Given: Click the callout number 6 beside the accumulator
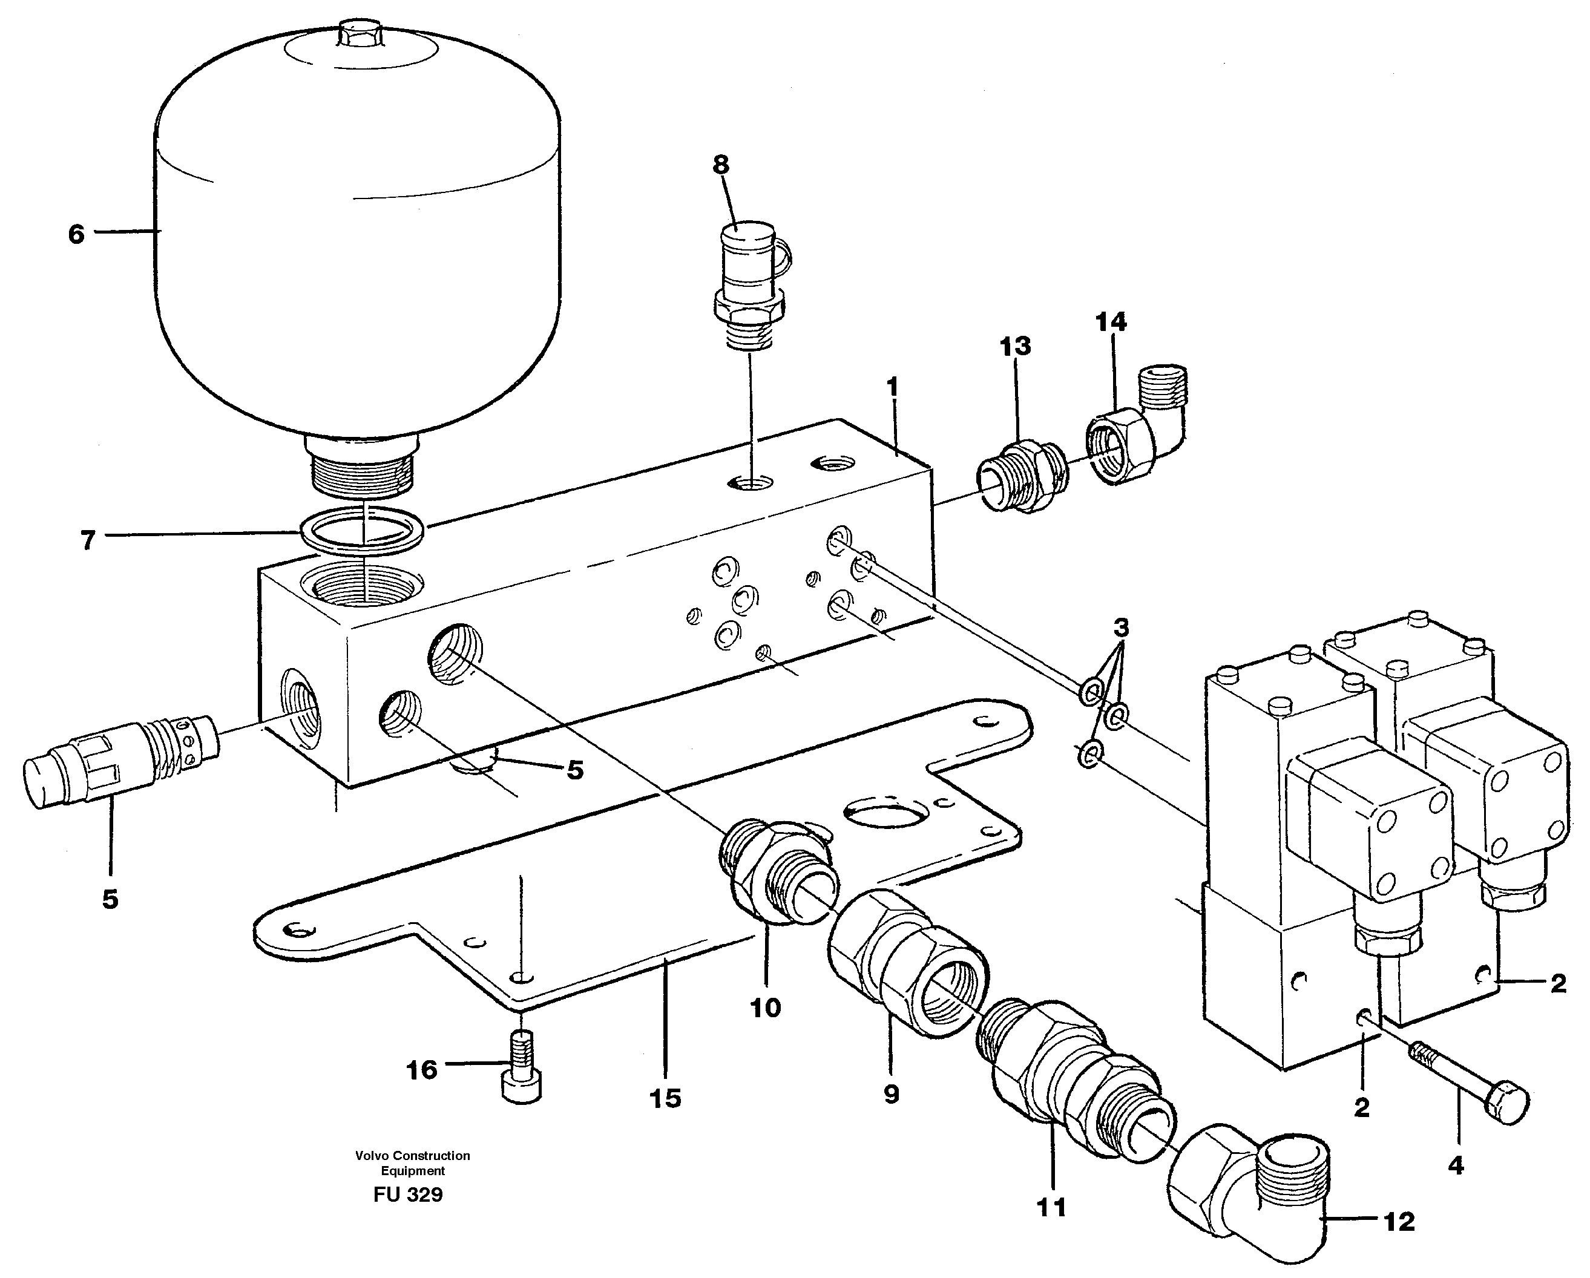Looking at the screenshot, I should pos(76,235).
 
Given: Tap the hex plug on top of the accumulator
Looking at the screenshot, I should pos(359,36).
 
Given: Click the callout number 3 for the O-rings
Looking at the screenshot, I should pos(1120,628).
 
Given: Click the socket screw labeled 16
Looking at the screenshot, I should pos(521,1078).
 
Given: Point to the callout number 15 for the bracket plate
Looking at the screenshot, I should pos(665,1099).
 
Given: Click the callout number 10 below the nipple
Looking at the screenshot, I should pos(765,1008).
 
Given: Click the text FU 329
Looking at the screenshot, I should pos(408,1194).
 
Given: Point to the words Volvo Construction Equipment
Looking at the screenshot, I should pos(412,1163).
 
